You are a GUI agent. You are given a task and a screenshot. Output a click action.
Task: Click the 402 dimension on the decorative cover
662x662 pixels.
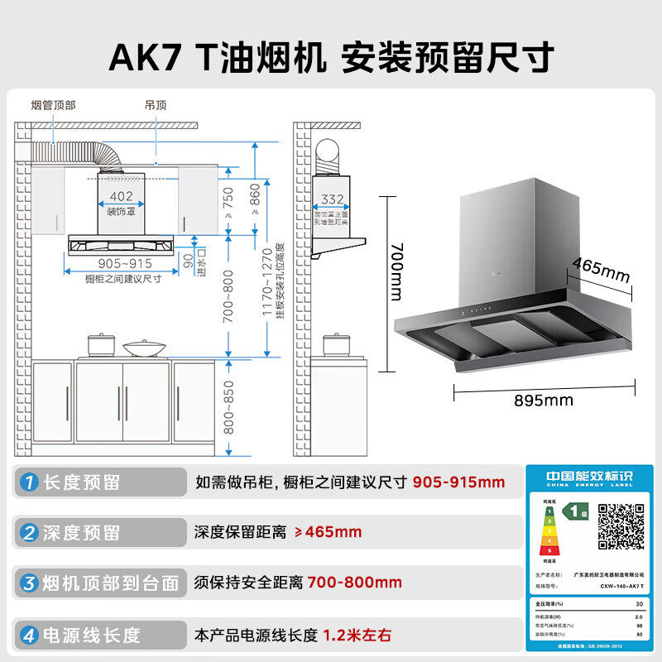pyautogui.click(x=122, y=196)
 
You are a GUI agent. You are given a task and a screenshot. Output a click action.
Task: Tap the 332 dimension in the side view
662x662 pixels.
pyautogui.click(x=333, y=199)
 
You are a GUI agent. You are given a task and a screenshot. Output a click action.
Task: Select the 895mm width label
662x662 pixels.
pyautogui.click(x=543, y=401)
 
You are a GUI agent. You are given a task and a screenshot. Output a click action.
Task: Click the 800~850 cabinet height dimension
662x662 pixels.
pyautogui.click(x=228, y=407)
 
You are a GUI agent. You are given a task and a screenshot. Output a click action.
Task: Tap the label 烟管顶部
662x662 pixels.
pyautogui.click(x=53, y=105)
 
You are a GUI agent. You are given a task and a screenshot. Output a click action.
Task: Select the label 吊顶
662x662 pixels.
pyautogui.click(x=156, y=105)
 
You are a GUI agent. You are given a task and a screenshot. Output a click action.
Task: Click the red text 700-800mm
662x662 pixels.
pyautogui.click(x=354, y=583)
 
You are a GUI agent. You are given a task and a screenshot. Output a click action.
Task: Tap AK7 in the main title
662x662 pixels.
pyautogui.click(x=147, y=58)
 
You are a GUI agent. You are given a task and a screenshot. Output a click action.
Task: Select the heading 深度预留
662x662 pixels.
pyautogui.click(x=81, y=532)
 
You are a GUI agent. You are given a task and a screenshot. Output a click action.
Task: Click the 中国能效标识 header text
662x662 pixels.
pyautogui.click(x=589, y=477)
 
